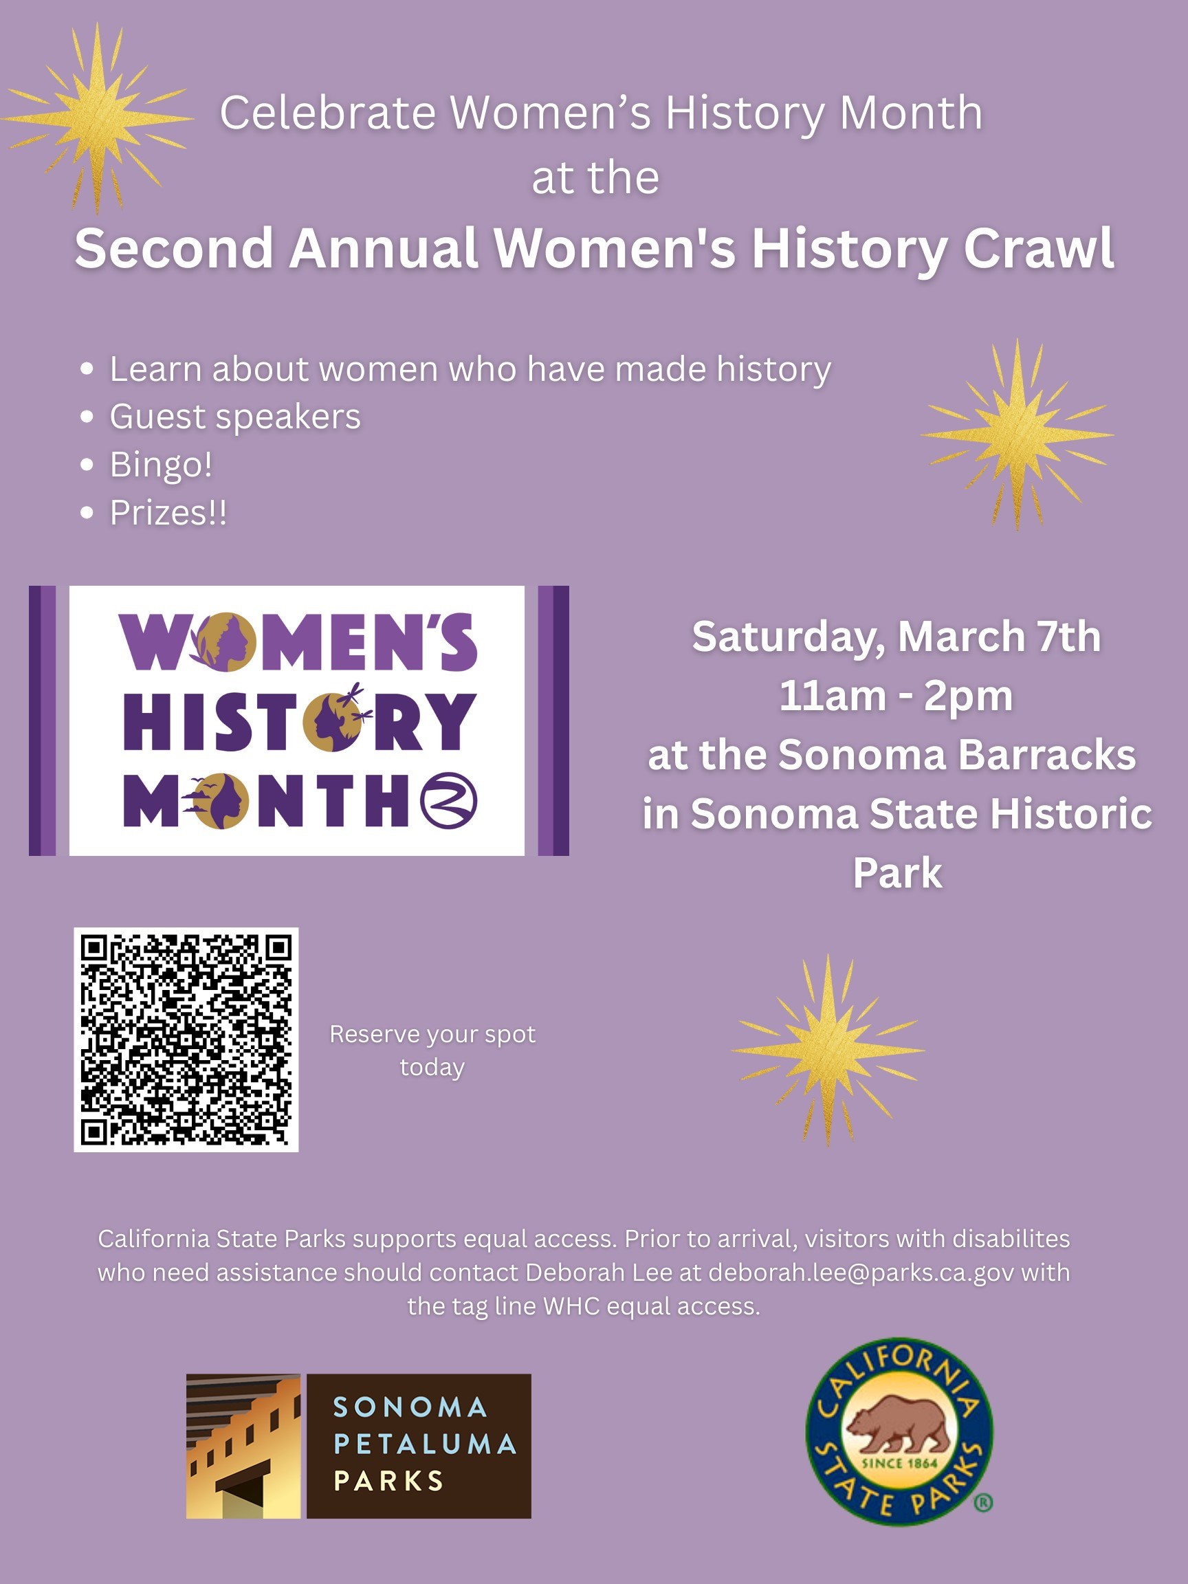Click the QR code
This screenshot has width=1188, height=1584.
(186, 1039)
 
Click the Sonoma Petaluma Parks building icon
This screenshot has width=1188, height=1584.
(243, 1446)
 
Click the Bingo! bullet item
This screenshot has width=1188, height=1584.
(161, 464)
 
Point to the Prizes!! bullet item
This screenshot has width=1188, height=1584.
(168, 513)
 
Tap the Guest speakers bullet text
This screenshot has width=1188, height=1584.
(235, 416)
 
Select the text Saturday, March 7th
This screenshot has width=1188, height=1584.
(896, 637)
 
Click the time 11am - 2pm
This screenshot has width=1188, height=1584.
(896, 695)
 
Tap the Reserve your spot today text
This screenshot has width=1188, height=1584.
(432, 1050)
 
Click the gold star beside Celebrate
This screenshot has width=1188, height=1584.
(98, 118)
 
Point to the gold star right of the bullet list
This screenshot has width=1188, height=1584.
(1017, 434)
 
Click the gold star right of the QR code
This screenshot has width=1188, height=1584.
(828, 1050)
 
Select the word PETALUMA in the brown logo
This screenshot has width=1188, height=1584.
(425, 1444)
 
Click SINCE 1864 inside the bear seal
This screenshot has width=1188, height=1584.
(899, 1462)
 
